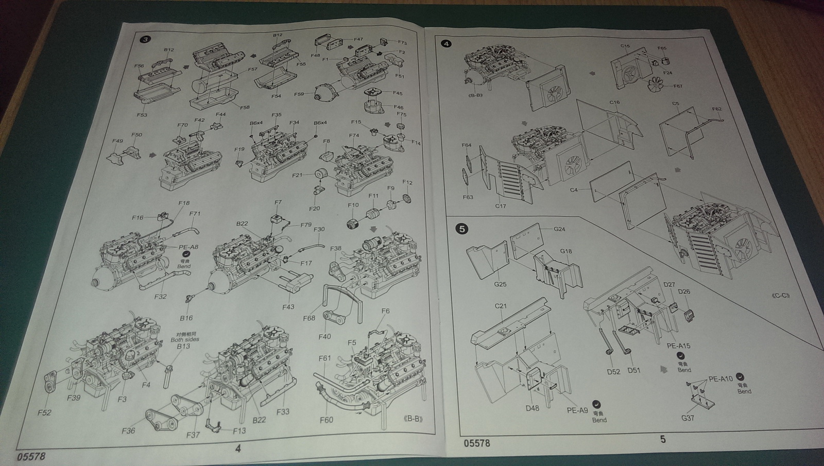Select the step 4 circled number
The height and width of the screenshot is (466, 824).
446,44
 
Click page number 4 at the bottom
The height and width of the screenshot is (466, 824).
237,448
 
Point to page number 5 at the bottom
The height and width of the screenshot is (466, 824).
663,439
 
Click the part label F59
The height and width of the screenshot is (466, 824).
299,95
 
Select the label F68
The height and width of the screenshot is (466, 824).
309,318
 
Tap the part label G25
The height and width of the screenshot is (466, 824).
500,284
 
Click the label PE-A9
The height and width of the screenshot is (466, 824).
577,410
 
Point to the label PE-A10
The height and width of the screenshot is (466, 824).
720,379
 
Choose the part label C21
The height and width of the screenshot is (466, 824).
501,306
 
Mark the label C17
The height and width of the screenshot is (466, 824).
500,206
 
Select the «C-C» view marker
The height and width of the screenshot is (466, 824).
781,295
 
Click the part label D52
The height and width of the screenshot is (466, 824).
613,371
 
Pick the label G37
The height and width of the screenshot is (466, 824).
688,418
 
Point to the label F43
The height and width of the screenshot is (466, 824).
288,307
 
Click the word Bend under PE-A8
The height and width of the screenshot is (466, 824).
184,266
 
